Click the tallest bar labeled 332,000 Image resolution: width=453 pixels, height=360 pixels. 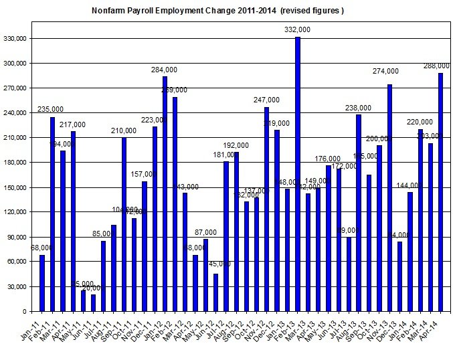tap(298, 174)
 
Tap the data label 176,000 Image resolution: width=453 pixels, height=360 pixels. tap(329, 159)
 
